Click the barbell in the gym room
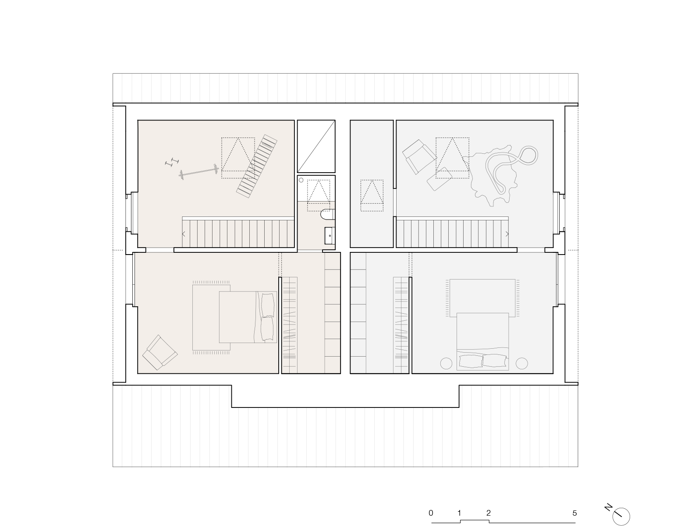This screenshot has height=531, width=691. (199, 172)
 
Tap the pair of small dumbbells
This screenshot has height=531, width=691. (172, 162)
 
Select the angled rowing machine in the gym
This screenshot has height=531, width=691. (257, 166)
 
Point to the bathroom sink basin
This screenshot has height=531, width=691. (330, 236)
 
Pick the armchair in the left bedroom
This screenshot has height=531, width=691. (160, 352)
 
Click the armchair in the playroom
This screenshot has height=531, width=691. (419, 157)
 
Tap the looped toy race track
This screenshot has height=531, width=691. (511, 169)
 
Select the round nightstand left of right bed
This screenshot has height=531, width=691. (446, 364)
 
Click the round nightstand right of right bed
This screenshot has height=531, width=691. (521, 364)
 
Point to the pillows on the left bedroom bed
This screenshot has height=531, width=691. (267, 317)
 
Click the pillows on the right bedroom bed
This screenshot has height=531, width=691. (482, 361)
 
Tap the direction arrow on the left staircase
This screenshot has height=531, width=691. (184, 234)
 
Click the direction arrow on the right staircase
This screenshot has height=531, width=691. (507, 234)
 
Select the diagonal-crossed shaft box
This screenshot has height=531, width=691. (316, 146)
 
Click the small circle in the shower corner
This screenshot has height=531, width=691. (301, 180)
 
